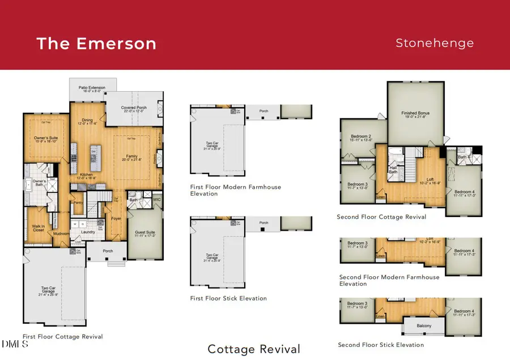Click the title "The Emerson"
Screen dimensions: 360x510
(96, 44)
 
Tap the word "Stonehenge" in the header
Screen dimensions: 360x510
(435, 43)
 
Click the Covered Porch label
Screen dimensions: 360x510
(134, 108)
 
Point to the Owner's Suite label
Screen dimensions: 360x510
(47, 139)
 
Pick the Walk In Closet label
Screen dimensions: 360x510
(38, 228)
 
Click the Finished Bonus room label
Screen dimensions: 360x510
(415, 113)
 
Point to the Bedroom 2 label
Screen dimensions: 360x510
(361, 137)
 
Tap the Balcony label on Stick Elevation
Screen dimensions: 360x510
(424, 325)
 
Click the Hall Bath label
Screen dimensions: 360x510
(393, 170)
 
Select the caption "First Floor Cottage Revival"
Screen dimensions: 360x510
(63, 337)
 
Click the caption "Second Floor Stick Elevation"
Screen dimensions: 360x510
(380, 345)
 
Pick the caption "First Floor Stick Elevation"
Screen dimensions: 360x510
(228, 298)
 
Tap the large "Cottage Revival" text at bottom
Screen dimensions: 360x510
(254, 349)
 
